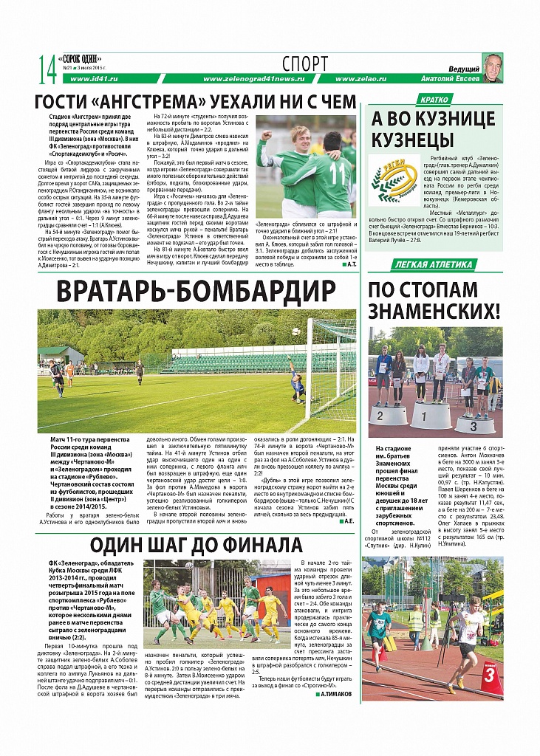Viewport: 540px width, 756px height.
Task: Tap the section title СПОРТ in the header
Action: pyautogui.click(x=304, y=64)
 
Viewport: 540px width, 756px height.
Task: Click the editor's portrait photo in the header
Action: pyautogui.click(x=492, y=67)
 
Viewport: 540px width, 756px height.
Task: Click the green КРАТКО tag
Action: pyautogui.click(x=434, y=100)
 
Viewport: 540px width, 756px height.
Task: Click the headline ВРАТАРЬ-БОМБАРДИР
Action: pyautogui.click(x=196, y=289)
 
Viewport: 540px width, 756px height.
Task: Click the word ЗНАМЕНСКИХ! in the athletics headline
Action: pyautogui.click(x=434, y=311)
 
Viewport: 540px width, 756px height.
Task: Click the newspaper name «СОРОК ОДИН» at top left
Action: pyautogui.click(x=81, y=58)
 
